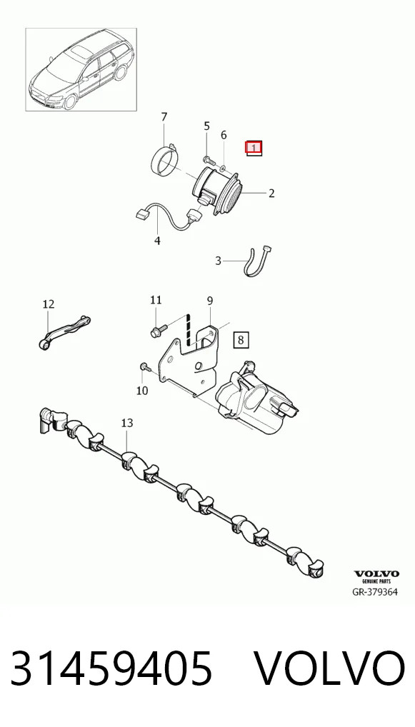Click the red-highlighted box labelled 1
click(254, 148)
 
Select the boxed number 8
click(241, 340)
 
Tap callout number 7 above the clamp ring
click(164, 117)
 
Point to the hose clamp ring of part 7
click(166, 159)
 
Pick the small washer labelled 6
click(223, 166)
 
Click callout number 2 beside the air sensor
click(271, 194)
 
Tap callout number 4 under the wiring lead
click(158, 241)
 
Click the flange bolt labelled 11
click(155, 331)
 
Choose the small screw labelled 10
click(144, 367)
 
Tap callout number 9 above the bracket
click(209, 301)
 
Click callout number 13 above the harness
click(127, 423)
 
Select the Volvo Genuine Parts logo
click(376, 577)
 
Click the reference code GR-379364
click(375, 591)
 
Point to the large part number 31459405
click(111, 668)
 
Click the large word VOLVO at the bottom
click(330, 668)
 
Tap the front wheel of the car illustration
click(70, 101)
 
